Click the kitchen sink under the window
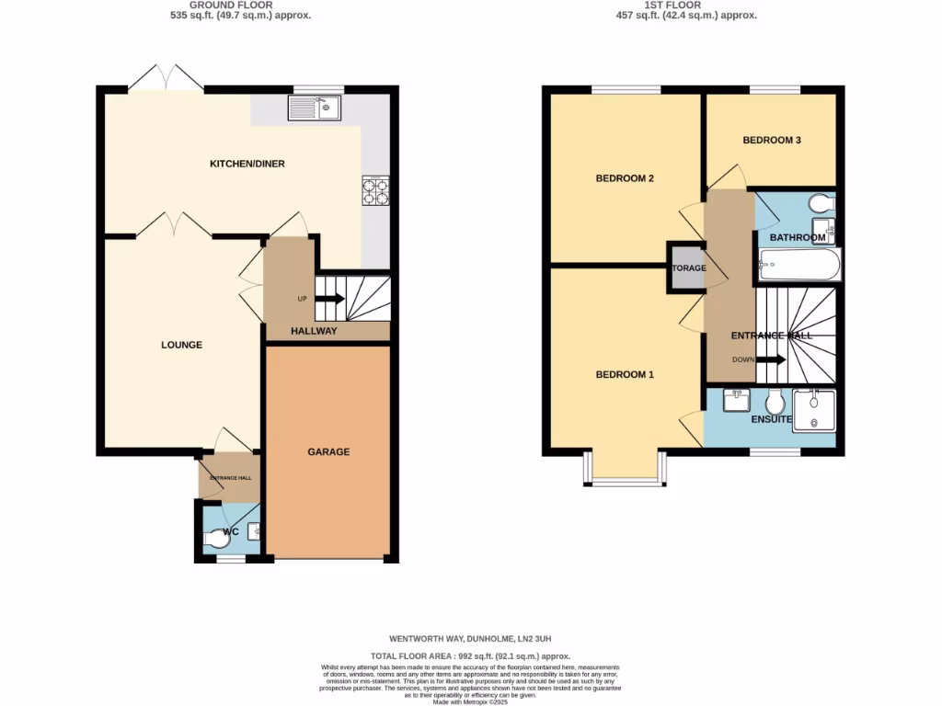pyautogui.click(x=314, y=109)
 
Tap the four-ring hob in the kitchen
pyautogui.click(x=375, y=190)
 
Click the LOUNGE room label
pyautogui.click(x=181, y=345)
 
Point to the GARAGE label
pyautogui.click(x=328, y=451)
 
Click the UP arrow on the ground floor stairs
pyautogui.click(x=329, y=298)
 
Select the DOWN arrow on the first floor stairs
pyautogui.click(x=770, y=359)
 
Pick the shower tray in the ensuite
pyautogui.click(x=814, y=409)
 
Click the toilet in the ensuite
pyautogui.click(x=775, y=402)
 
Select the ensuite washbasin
pyautogui.click(x=737, y=400)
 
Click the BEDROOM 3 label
pyautogui.click(x=772, y=141)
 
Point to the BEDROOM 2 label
pyautogui.click(x=625, y=178)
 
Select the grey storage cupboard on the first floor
pyautogui.click(x=687, y=268)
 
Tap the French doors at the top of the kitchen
pyautogui.click(x=166, y=79)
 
